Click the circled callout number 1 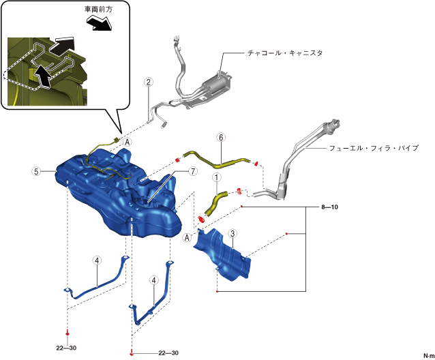216,178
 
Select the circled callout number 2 149,82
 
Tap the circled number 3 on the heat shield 232,235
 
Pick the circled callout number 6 220,137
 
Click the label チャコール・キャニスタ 285,52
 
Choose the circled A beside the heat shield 187,238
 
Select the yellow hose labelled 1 214,202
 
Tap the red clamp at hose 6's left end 179,158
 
